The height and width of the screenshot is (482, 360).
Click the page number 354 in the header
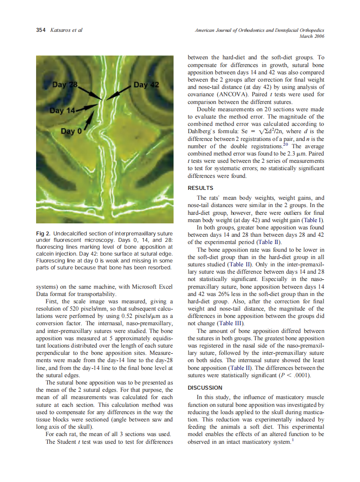pyautogui.click(x=40, y=30)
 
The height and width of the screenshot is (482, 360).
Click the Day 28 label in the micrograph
pyautogui.click(x=64, y=85)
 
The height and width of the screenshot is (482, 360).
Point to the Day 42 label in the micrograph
pyautogui.click(x=146, y=85)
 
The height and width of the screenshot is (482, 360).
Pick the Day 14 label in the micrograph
pyautogui.click(x=62, y=111)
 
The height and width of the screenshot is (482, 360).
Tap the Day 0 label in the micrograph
pyautogui.click(x=71, y=131)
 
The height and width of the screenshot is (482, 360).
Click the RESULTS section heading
pyautogui.click(x=201, y=188)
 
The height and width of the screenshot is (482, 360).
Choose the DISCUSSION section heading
pyautogui.click(x=205, y=387)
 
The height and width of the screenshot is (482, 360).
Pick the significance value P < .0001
pyautogui.click(x=294, y=375)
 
